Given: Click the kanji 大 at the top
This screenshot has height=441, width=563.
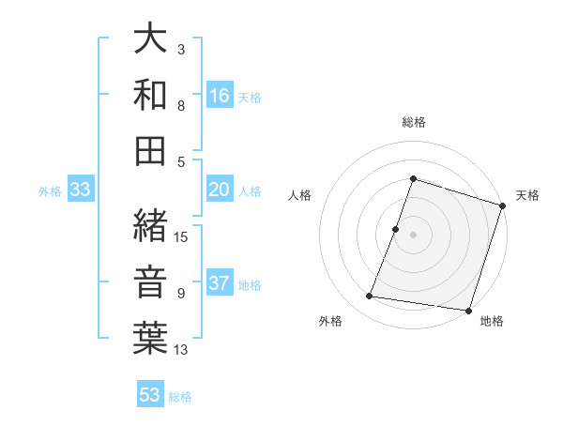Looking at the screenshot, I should click(151, 39).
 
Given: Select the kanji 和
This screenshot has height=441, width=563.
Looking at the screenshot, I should click(151, 94).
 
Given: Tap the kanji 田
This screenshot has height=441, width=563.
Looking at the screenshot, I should click(151, 149).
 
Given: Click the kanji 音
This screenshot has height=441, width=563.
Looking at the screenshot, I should click(151, 281).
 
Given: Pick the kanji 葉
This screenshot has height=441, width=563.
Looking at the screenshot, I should click(151, 338).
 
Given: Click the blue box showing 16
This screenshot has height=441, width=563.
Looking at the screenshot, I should click(220, 95).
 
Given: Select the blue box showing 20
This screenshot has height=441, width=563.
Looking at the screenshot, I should click(220, 190).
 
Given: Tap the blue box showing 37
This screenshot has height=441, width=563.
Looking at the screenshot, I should click(220, 283).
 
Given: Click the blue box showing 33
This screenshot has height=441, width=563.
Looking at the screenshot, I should click(81, 190).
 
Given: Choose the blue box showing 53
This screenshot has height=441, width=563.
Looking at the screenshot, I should click(150, 394).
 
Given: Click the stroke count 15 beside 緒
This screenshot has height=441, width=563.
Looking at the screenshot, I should click(182, 236).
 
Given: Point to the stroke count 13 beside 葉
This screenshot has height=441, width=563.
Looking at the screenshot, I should click(182, 350).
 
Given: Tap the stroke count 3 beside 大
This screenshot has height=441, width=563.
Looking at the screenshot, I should click(180, 49).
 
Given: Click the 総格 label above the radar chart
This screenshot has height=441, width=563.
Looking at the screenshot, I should click(413, 122).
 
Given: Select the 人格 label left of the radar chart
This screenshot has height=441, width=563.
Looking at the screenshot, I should click(300, 195).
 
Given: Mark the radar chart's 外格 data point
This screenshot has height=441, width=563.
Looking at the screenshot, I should click(370, 297).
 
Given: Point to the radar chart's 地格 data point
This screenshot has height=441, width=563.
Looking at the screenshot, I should click(467, 311).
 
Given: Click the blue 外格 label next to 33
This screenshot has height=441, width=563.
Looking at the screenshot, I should click(50, 191).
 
